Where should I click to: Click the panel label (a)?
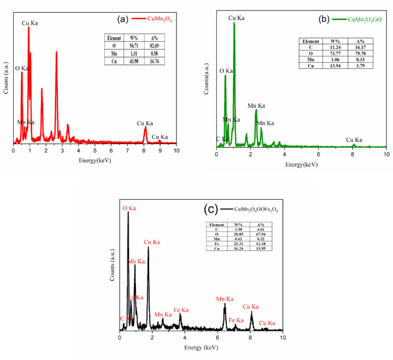pos(122,19)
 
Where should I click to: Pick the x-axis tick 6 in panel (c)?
pos(217,338)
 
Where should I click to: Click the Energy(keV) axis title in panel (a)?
pos(95,158)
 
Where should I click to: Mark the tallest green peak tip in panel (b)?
pos(234,23)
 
